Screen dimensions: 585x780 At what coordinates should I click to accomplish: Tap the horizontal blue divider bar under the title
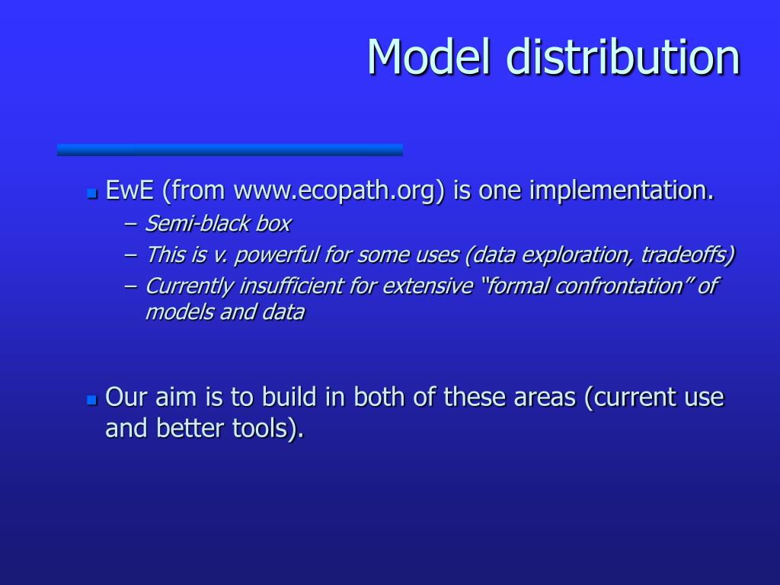point(229,149)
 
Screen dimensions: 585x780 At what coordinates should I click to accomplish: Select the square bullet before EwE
point(92,193)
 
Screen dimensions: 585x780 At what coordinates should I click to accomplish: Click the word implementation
point(622,190)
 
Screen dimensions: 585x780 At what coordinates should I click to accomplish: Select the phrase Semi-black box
point(218,224)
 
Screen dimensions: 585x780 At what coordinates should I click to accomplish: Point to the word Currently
point(189,286)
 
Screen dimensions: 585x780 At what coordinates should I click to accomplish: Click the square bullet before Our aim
point(92,399)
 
